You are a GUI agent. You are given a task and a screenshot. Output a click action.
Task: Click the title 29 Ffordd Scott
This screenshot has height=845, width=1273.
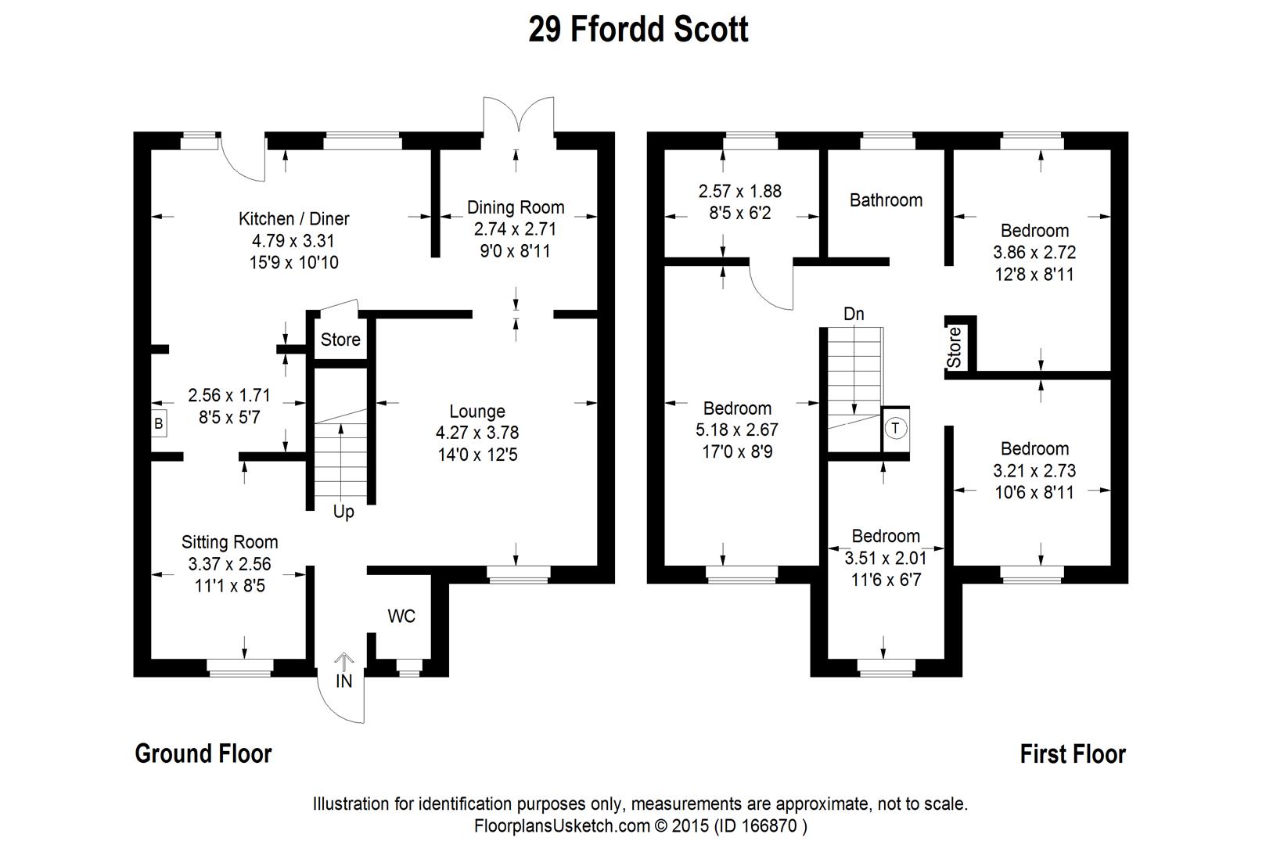[638, 31]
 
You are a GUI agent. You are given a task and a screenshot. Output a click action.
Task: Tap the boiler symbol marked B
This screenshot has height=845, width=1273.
[159, 424]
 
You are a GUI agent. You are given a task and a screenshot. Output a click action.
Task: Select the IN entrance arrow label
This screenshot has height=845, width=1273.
[344, 681]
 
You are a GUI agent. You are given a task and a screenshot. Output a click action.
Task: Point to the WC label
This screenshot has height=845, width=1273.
[401, 617]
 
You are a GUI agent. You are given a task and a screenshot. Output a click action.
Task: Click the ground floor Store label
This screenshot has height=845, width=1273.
[340, 340]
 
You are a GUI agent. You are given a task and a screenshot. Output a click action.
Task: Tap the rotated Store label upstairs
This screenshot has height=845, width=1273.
[954, 347]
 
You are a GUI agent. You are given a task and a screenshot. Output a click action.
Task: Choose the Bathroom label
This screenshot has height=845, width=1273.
[886, 200]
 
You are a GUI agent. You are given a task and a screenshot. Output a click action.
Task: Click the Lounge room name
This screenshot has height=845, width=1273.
[477, 412]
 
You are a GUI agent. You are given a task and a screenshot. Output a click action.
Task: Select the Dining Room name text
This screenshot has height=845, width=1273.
[516, 207]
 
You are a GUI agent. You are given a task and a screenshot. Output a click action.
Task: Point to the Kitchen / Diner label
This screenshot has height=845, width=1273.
[293, 219]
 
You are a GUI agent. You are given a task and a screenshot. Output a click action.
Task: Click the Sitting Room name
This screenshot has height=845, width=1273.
[229, 542]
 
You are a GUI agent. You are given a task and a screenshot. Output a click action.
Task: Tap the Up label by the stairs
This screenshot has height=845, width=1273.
[343, 512]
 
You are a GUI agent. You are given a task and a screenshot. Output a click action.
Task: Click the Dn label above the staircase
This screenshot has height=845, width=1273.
[854, 314]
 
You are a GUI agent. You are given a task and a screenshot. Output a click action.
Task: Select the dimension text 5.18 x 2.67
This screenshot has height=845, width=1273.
[737, 430]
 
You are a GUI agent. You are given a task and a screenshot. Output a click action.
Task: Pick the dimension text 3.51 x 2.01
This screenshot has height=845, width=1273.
[886, 559]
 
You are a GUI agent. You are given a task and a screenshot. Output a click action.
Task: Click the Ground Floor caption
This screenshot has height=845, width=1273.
[203, 753]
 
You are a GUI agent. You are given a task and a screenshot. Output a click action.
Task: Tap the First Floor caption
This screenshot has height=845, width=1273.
[1073, 754]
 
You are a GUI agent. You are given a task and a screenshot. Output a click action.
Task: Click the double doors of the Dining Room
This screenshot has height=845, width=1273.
[519, 116]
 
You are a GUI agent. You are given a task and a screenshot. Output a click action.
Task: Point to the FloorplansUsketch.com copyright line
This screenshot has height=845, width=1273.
[640, 825]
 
